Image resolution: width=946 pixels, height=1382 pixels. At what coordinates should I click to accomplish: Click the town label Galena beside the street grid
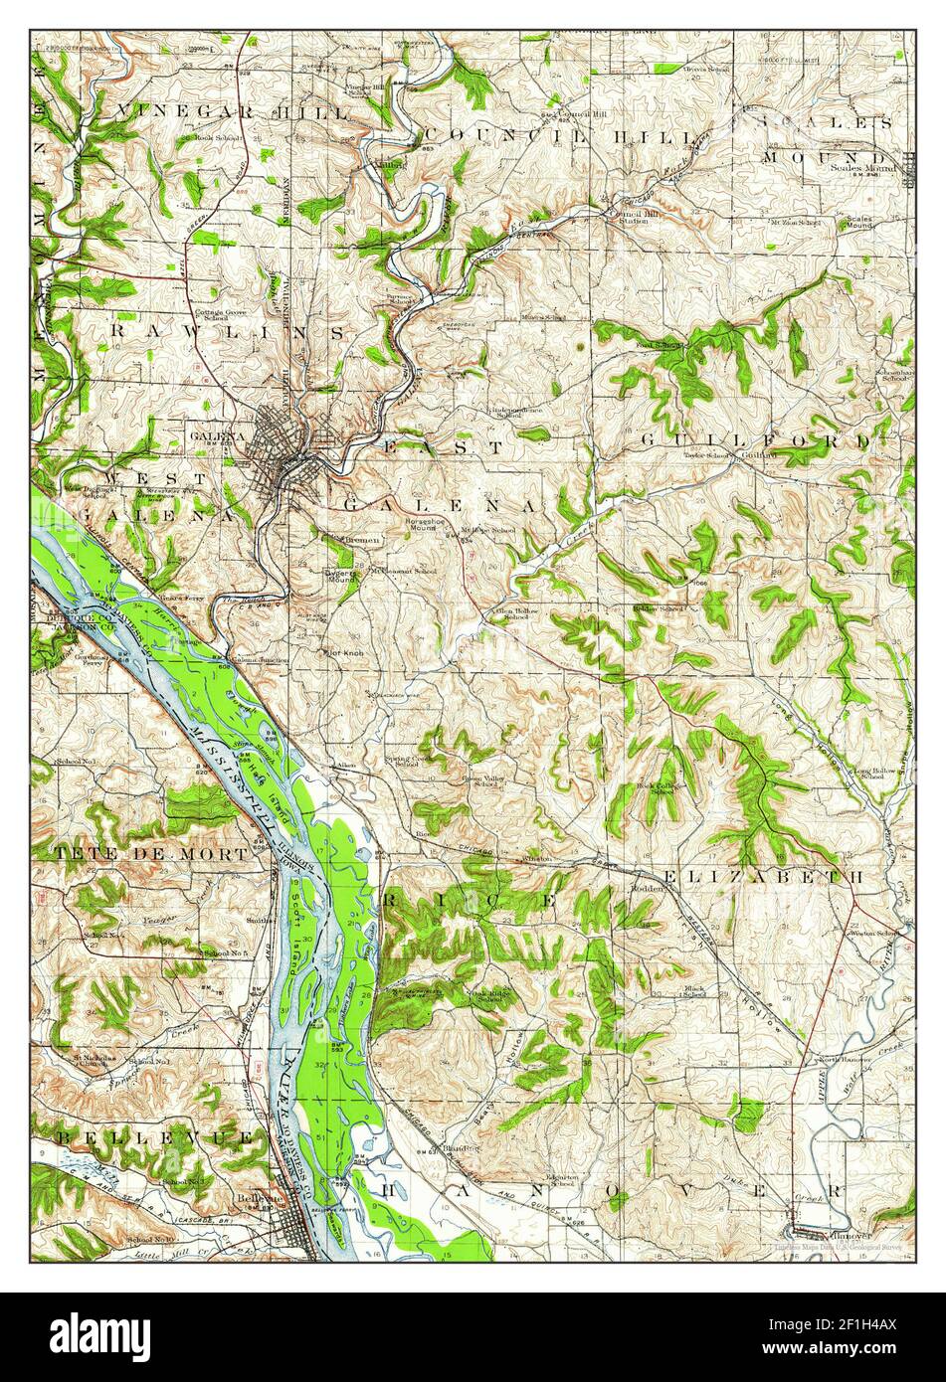coord(218,436)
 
